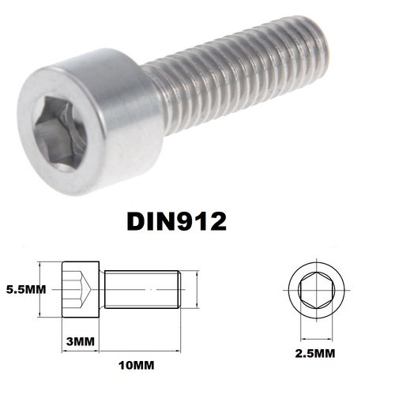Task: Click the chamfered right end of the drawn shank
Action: coord(183,289)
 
